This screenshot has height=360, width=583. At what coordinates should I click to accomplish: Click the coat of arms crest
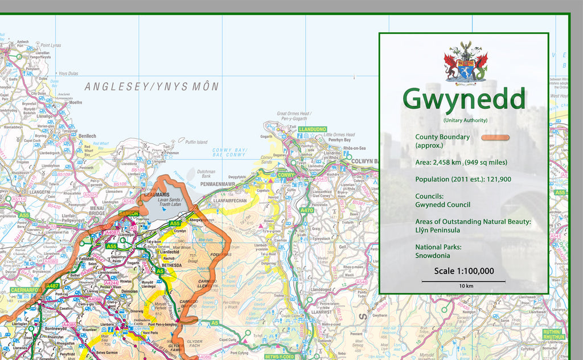(x=466, y=62)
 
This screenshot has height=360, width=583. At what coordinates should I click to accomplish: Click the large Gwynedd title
(x=463, y=99)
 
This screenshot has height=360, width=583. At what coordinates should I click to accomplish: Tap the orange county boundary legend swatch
(x=494, y=137)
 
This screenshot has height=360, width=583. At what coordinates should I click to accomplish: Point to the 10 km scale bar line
(x=463, y=281)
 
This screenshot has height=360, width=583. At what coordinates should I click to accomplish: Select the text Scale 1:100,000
(x=463, y=271)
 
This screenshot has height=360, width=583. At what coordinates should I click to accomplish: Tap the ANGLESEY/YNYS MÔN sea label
(x=151, y=87)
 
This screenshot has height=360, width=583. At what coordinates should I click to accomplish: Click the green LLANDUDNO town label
(x=311, y=130)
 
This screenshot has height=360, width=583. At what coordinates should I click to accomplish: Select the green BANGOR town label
(x=129, y=214)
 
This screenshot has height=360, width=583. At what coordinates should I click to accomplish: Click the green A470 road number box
(x=307, y=210)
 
